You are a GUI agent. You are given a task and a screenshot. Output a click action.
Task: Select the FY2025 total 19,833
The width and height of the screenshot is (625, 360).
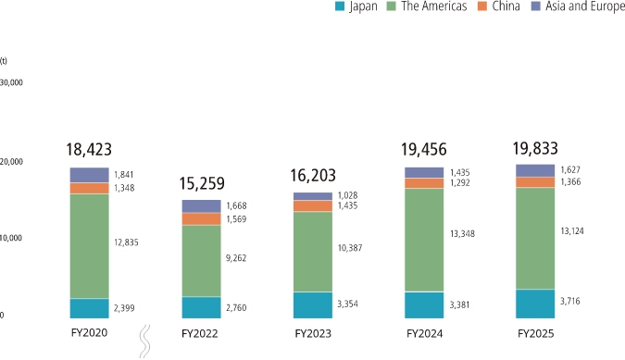(535, 147)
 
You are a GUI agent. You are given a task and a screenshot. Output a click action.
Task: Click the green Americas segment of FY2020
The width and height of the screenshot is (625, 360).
(89, 245)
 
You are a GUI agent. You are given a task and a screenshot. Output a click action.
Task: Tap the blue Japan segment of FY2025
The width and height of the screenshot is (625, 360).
(534, 304)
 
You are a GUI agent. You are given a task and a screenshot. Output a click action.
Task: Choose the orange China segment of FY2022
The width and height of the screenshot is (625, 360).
(201, 219)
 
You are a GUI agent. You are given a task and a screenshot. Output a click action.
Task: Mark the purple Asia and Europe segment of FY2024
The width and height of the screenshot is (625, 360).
(423, 172)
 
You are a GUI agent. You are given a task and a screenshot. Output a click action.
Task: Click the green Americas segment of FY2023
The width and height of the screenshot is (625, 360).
(312, 252)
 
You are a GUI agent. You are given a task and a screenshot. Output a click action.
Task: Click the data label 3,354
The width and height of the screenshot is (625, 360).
(349, 304)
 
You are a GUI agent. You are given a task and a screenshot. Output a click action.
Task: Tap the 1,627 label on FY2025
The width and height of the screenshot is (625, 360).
(571, 170)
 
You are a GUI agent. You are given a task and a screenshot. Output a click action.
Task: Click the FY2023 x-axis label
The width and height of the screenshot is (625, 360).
(312, 334)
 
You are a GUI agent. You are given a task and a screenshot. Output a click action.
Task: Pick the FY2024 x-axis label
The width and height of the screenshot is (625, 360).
(423, 334)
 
